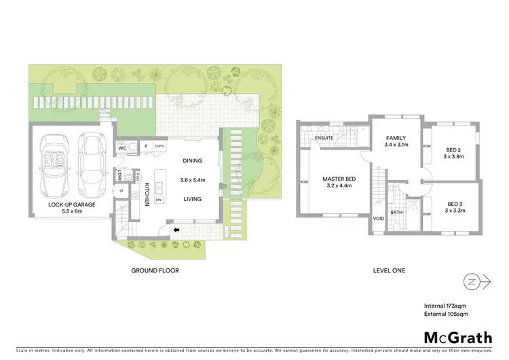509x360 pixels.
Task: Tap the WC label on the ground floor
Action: pyautogui.click(x=123, y=147)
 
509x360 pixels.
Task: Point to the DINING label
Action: pyautogui.click(x=192, y=161)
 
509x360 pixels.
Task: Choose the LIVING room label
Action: pyautogui.click(x=192, y=199)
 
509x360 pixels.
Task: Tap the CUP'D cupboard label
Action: pyautogui.click(x=160, y=146)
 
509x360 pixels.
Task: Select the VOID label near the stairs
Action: pyautogui.click(x=377, y=219)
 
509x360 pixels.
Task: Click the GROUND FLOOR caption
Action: pyautogui.click(x=154, y=270)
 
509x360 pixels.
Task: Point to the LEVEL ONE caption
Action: pyautogui.click(x=389, y=270)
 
